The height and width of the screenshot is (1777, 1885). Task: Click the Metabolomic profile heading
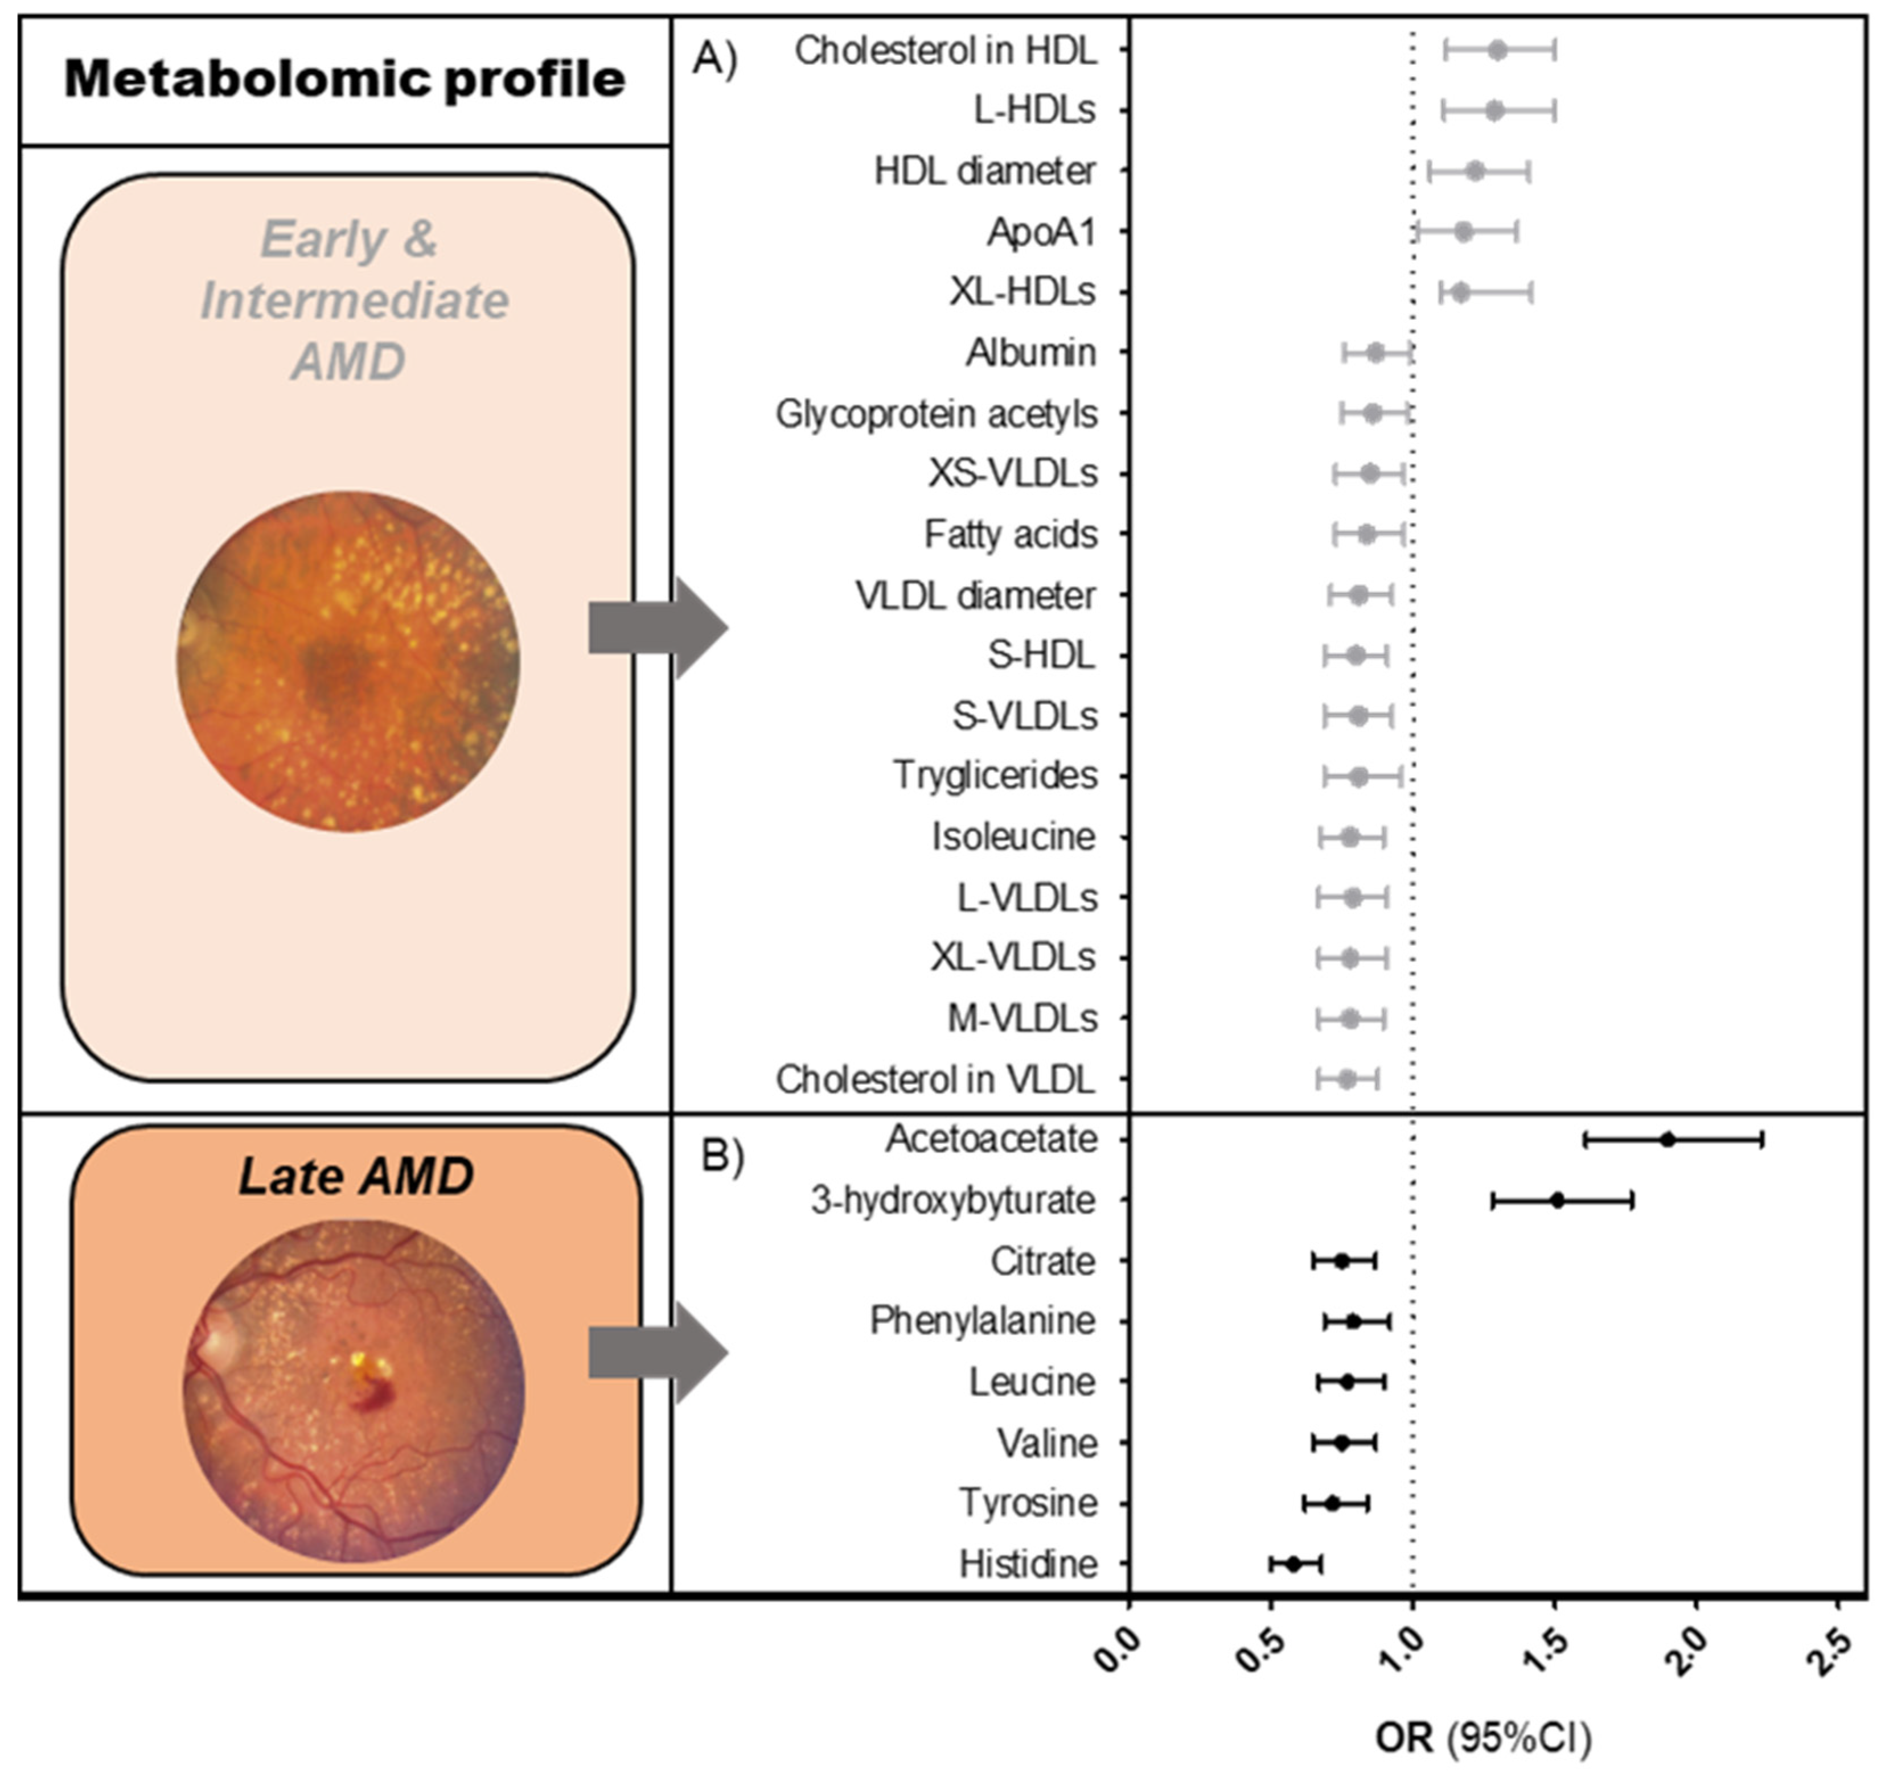[344, 79]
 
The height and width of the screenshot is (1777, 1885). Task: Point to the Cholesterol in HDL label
[945, 50]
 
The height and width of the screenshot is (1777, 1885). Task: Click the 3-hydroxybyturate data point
[1557, 1200]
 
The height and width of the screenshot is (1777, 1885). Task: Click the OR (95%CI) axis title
[1484, 1737]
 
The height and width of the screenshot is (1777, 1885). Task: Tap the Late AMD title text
[356, 1176]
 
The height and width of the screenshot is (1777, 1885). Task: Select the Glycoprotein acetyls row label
[936, 414]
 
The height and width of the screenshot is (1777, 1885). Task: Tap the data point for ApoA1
[1463, 231]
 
